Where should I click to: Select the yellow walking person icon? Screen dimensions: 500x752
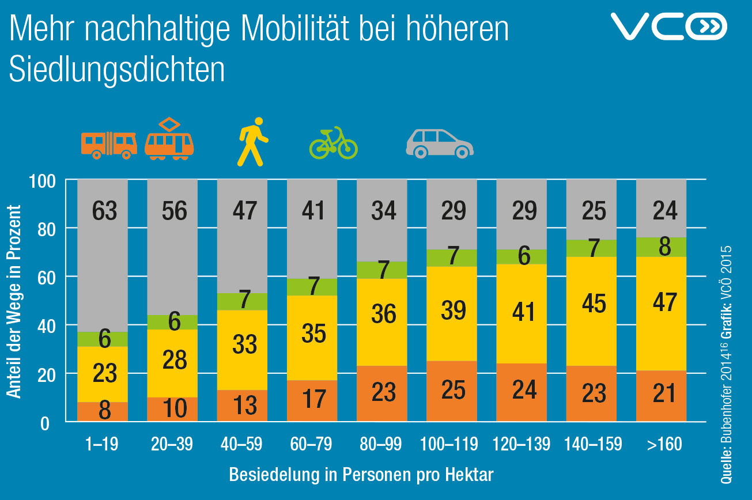coord(252,142)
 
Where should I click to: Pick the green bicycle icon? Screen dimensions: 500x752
coord(333,143)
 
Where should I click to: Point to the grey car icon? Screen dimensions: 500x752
coord(439,143)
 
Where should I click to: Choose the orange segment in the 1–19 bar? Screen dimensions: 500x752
coord(103,412)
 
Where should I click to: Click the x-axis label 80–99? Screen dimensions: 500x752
coord(381,445)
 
